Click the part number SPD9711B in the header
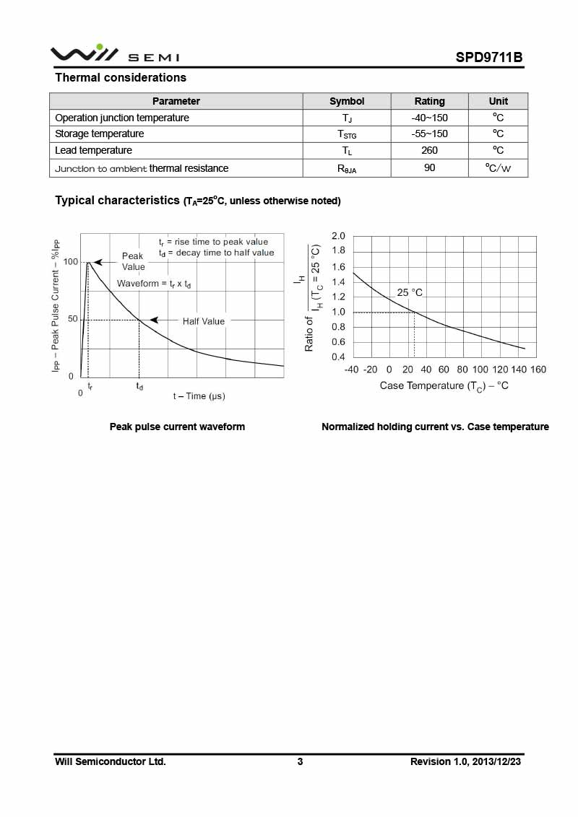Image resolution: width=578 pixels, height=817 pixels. click(488, 58)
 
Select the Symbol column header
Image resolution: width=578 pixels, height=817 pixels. click(347, 101)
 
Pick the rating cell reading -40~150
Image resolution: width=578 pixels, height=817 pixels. click(429, 118)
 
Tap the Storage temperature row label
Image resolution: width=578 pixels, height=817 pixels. click(99, 134)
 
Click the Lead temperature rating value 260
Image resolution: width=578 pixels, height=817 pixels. click(429, 151)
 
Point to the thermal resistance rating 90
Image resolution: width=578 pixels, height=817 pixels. click(429, 168)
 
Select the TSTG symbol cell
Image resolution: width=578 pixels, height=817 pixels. click(347, 134)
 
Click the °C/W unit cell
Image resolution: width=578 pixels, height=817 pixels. click(498, 168)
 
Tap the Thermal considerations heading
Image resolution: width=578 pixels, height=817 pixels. click(121, 78)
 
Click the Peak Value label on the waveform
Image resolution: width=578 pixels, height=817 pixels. click(133, 261)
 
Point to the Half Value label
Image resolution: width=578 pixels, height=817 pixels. click(203, 321)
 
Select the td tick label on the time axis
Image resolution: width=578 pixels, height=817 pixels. click(139, 387)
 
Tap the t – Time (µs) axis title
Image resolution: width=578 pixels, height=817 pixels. click(199, 396)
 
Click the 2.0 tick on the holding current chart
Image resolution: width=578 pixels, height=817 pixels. click(338, 236)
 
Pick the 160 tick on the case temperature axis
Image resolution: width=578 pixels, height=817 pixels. click(538, 370)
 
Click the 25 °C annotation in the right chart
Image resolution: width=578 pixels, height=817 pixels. click(410, 292)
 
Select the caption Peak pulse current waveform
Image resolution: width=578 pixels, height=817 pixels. click(177, 427)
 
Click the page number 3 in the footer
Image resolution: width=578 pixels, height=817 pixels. click(300, 761)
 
